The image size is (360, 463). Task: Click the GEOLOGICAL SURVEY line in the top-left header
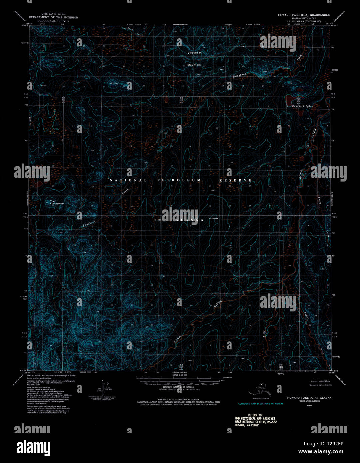tap(53, 20)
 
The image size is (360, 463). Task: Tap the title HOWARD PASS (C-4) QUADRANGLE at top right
tap(304, 15)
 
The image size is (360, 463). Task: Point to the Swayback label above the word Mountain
tap(194, 53)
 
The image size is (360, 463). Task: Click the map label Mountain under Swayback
tap(194, 65)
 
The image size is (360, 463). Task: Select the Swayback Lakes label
tap(302, 106)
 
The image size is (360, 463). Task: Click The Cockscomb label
tap(56, 202)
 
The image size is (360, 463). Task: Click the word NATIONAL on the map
tap(128, 180)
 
